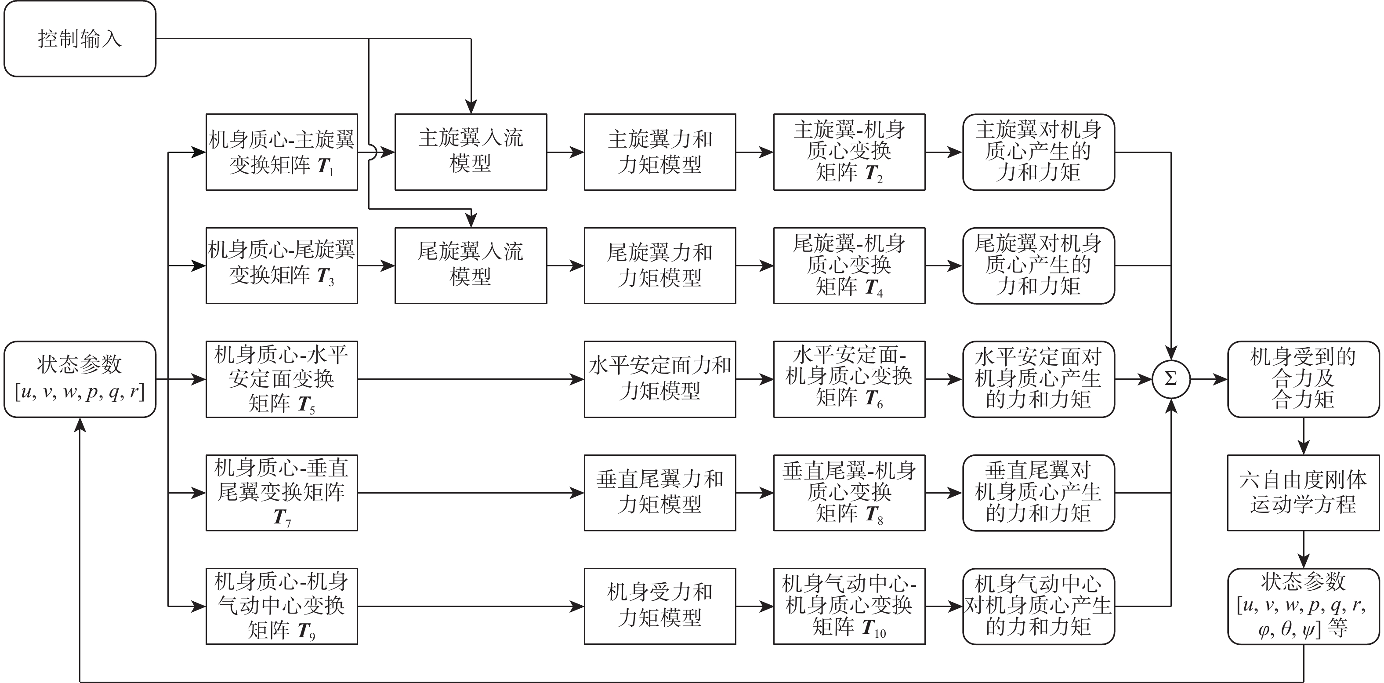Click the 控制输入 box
[80, 39]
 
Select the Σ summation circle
[1171, 379]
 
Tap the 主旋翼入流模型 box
[471, 152]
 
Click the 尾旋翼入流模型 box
[471, 265]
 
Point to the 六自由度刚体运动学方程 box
[1304, 493]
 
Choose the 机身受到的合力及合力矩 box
[1304, 379]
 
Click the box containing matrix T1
[282, 152]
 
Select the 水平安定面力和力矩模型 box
[660, 379]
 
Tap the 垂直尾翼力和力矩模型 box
[660, 493]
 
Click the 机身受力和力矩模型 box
[660, 606]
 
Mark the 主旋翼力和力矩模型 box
[660, 152]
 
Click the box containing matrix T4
[849, 265]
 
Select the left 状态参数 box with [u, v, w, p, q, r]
[80, 379]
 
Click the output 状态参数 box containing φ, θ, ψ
[1304, 606]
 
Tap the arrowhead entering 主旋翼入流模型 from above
[471, 106]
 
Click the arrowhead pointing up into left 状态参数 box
[80, 425]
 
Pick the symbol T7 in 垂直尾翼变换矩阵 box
[282, 517]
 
